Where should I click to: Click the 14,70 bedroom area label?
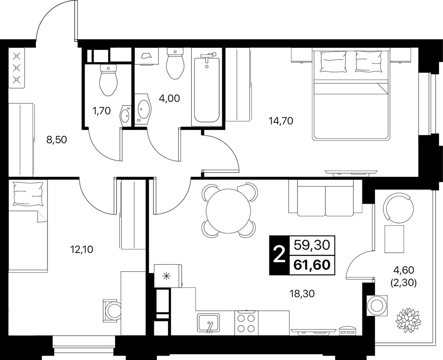[281, 121]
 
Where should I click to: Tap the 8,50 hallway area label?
[56, 140]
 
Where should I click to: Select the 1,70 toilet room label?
[101, 111]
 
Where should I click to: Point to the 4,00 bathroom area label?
[169, 98]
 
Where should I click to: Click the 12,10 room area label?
[82, 249]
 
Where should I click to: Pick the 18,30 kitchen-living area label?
[302, 294]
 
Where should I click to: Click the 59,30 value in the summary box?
[312, 246]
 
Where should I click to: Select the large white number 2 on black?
[279, 255]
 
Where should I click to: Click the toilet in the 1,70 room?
[108, 80]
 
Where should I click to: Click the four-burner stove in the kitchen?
[246, 323]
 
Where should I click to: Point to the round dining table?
[228, 211]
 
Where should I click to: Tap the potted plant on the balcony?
[405, 326]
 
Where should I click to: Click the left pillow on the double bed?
[333, 62]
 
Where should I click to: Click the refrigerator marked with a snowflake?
[168, 276]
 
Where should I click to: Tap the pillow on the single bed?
[28, 194]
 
